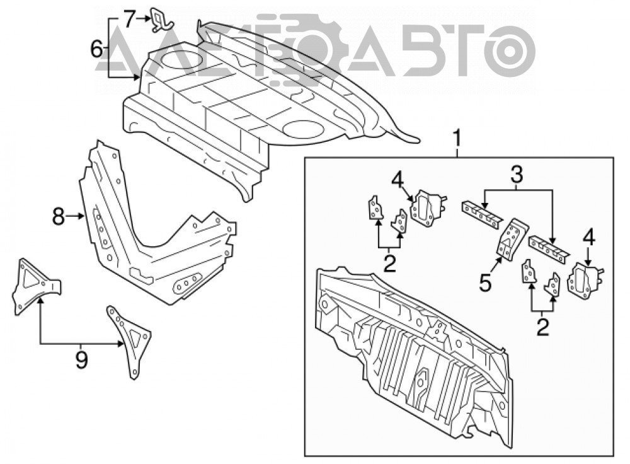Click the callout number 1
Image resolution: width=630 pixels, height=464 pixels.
point(457,139)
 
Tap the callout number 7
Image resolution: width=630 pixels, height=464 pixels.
point(128,19)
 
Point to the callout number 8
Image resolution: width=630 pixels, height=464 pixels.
point(58,217)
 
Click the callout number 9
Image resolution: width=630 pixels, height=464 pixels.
point(81,359)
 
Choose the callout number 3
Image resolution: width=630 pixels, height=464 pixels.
point(517,175)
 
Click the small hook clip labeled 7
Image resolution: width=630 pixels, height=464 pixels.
point(162,20)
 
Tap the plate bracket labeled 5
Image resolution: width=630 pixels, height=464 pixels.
point(512,238)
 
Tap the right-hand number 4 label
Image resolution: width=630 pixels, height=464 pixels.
point(588,238)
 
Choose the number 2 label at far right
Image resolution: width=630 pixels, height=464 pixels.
point(542,327)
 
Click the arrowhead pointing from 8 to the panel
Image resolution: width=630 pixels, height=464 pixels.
point(81,217)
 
